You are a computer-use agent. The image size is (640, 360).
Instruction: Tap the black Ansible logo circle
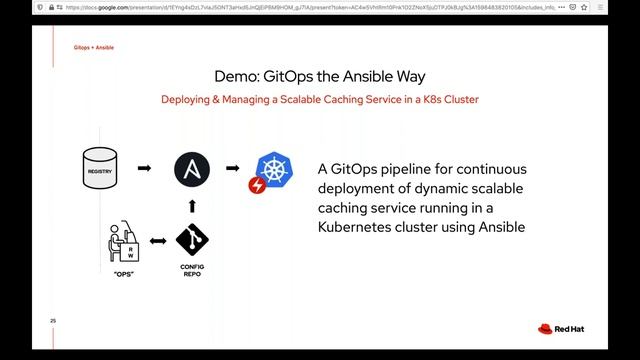[192, 169]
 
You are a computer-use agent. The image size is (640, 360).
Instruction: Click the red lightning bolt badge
[256, 184]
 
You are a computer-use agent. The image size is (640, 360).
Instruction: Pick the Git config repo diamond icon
[192, 241]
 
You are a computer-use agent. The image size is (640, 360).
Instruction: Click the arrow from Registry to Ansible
[144, 169]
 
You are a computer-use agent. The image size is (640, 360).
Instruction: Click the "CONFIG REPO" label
[192, 271]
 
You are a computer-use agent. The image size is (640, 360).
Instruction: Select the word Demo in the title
[240, 77]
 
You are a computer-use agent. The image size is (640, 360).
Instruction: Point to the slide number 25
[53, 320]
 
